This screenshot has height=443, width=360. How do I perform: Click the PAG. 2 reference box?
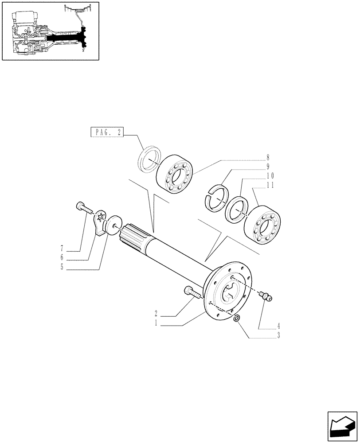coord(107,132)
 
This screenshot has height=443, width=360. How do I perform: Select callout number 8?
coord(268,157)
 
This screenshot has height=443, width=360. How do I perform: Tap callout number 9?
coord(268,167)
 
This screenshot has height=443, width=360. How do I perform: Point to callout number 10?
coord(270,176)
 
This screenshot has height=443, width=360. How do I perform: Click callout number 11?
coord(270,186)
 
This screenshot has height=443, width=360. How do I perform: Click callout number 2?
coord(157,315)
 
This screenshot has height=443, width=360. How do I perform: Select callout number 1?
coord(157,324)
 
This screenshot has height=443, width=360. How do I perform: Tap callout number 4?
coord(278,326)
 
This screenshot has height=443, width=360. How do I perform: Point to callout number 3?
coord(278,336)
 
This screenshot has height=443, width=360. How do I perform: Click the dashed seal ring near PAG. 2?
coord(148,158)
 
